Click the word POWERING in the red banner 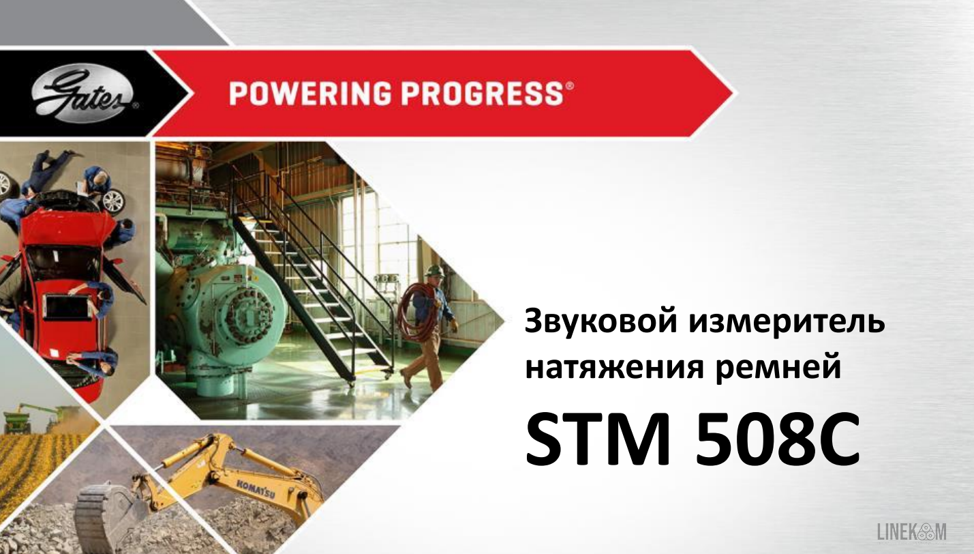click(x=309, y=93)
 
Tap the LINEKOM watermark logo click(x=911, y=531)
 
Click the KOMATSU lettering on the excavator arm click(x=256, y=489)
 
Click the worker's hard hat click(x=434, y=271)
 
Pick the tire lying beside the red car click(x=112, y=199)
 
